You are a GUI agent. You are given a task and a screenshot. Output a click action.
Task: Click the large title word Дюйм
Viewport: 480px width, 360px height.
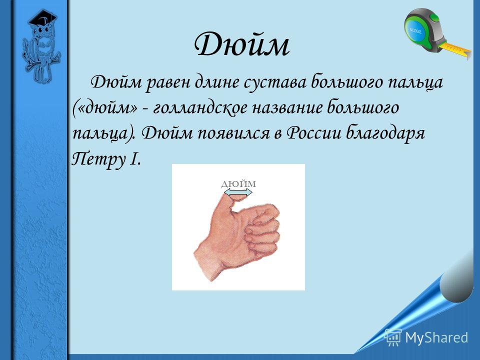242,44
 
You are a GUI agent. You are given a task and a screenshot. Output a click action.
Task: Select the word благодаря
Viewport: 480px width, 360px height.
385,133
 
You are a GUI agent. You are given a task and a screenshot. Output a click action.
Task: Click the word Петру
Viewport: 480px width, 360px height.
97,159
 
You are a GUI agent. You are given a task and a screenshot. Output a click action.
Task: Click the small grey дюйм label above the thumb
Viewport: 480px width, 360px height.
238,184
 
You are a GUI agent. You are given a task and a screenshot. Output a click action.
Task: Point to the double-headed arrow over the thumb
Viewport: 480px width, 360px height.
238,192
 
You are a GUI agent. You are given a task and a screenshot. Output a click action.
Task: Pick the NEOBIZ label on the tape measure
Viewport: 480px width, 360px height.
415,30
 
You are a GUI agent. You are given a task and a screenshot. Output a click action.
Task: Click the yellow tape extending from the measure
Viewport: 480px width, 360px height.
455,49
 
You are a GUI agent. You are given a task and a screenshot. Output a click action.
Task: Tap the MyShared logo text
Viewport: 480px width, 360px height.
436,337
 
